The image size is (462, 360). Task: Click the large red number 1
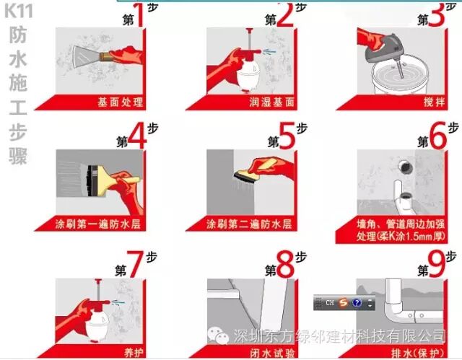tap(139, 14)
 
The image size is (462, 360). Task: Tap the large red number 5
tap(287, 136)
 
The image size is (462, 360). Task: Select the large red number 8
tap(286, 264)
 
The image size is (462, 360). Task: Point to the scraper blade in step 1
tap(85, 56)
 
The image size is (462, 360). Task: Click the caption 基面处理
tap(121, 102)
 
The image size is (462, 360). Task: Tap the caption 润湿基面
tap(271, 102)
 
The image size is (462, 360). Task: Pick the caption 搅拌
tap(434, 102)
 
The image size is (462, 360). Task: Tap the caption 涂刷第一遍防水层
tap(98, 224)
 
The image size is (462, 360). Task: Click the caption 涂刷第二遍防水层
tap(249, 224)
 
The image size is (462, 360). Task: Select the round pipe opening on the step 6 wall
tap(405, 167)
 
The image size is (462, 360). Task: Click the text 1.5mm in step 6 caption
tap(417, 237)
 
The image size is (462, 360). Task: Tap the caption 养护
tap(134, 353)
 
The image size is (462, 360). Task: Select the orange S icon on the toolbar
tap(342, 302)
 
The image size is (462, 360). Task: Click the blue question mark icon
tap(357, 302)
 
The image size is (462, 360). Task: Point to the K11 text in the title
tap(18, 12)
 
